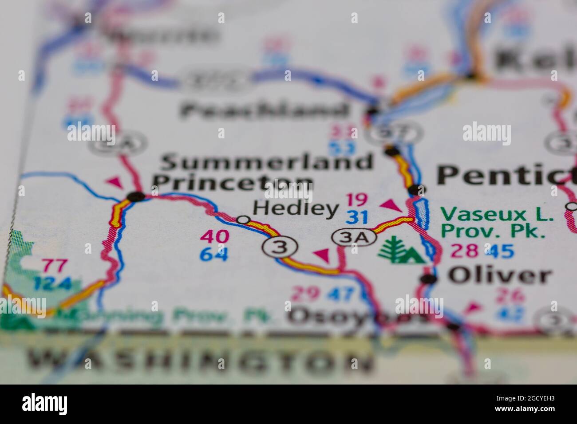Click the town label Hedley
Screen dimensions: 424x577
(295, 209)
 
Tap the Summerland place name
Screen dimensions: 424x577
(266, 162)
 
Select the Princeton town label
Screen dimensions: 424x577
(233, 182)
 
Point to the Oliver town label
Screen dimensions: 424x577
(499, 276)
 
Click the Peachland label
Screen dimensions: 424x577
(264, 110)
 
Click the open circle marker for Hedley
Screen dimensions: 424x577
(242, 220)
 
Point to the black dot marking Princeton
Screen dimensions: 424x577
(135, 196)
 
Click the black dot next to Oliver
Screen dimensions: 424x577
(428, 279)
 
